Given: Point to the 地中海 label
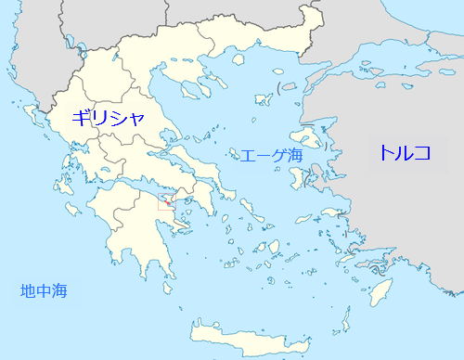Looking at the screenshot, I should click(x=45, y=291).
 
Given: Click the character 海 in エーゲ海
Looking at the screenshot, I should click(x=293, y=156).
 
